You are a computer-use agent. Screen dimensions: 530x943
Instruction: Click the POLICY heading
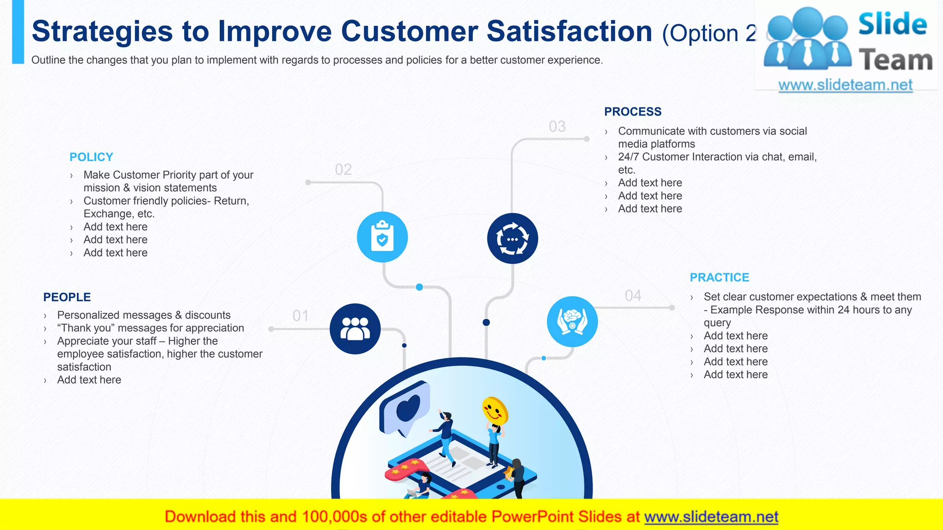[x=91, y=157]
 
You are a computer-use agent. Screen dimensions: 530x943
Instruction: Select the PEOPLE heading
[x=67, y=297]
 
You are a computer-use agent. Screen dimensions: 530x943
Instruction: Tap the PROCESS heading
[x=633, y=112]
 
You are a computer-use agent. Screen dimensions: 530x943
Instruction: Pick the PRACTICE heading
[x=719, y=277]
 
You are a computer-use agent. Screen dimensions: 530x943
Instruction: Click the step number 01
[x=300, y=316]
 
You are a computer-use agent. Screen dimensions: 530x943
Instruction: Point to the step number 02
[x=343, y=169]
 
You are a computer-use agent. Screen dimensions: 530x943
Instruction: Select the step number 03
[x=557, y=127]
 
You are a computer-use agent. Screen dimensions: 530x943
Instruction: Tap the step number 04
[x=633, y=295]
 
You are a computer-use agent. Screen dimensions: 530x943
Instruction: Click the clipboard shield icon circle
[x=382, y=237]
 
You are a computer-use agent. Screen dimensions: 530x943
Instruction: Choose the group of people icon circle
[x=355, y=329]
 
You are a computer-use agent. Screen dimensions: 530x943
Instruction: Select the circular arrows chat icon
[x=512, y=239]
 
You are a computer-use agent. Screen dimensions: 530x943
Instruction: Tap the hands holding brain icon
[x=572, y=322]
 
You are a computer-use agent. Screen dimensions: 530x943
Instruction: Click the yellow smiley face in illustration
[x=495, y=410]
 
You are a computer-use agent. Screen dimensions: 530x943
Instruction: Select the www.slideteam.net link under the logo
[x=845, y=85]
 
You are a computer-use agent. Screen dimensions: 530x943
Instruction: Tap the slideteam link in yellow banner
[x=711, y=517]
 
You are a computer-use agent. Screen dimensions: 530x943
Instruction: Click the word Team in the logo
[x=895, y=61]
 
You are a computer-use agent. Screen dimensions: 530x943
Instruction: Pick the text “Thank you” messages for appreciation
[x=151, y=328]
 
